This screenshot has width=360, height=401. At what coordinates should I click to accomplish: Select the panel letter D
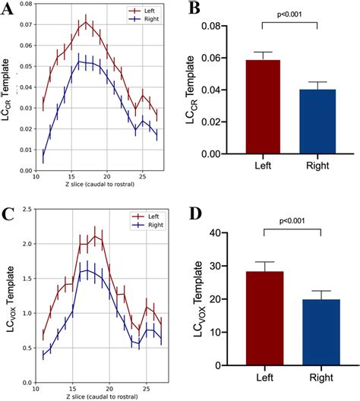tap(196, 210)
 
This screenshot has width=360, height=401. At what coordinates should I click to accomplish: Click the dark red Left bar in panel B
tap(262, 106)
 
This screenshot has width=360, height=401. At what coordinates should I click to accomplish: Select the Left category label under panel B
tap(262, 172)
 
